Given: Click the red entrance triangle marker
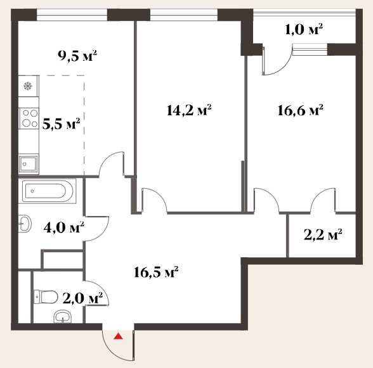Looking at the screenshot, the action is click(x=118, y=336).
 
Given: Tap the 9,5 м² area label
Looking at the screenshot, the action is click(x=77, y=56).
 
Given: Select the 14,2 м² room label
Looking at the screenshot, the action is click(x=189, y=110).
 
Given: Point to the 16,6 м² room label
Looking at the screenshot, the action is click(x=301, y=110).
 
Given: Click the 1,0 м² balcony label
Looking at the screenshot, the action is click(x=304, y=30).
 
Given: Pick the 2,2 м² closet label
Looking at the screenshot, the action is click(x=323, y=235).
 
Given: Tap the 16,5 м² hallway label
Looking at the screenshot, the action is click(x=156, y=272).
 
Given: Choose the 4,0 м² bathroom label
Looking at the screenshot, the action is click(x=63, y=227).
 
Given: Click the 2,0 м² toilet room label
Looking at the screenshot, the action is click(x=82, y=298).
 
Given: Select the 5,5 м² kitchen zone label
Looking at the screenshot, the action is click(x=61, y=124).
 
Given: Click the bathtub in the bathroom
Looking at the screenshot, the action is click(x=48, y=191).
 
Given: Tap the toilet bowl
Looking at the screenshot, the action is click(x=46, y=297).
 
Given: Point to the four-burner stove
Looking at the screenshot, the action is click(x=29, y=118).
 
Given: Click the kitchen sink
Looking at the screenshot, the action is click(x=29, y=163).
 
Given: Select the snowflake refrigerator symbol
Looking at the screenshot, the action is click(x=28, y=86).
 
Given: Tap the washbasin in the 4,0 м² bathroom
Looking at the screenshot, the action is click(x=25, y=224).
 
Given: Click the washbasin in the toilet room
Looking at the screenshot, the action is click(x=63, y=317).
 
